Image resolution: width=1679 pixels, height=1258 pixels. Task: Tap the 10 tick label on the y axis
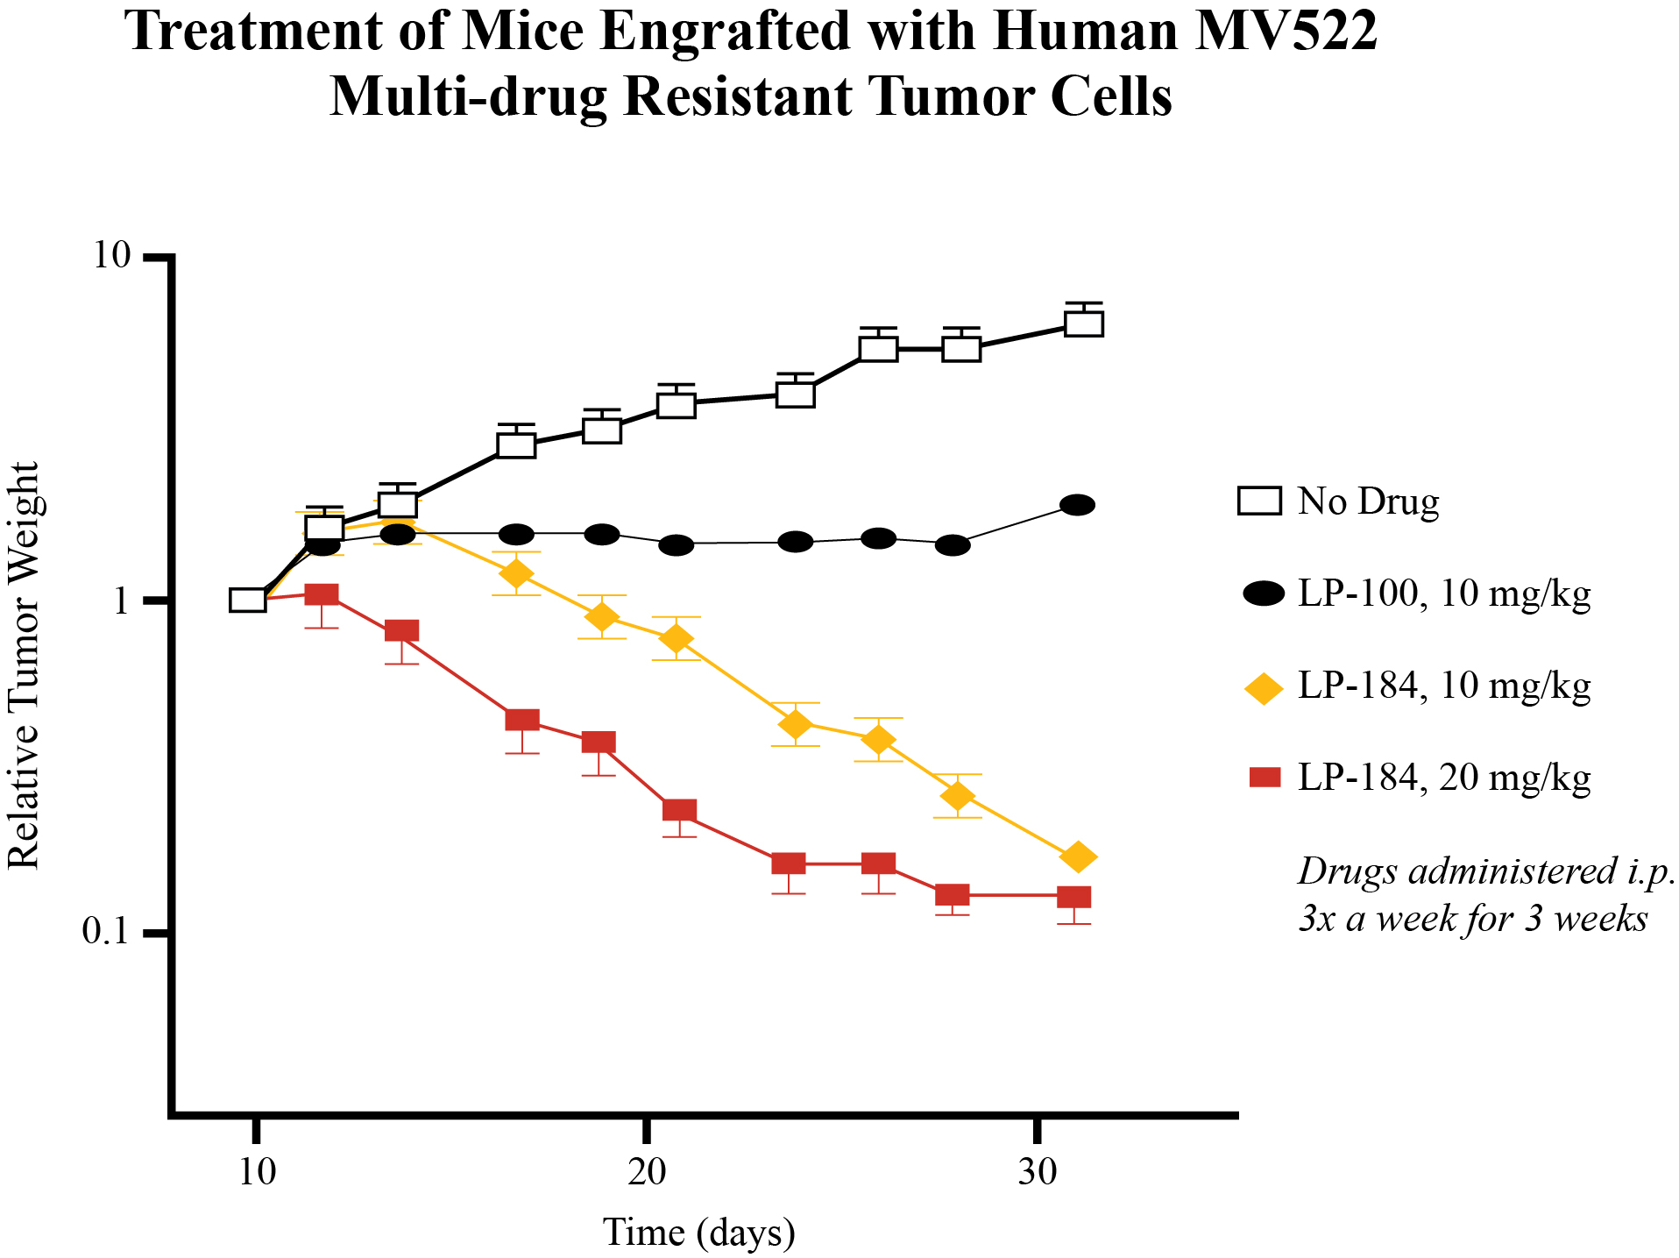click(111, 257)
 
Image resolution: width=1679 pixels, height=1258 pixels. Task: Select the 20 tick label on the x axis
click(647, 1172)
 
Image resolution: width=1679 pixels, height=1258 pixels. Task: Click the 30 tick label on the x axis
click(1038, 1172)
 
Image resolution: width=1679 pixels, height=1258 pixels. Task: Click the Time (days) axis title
click(698, 1233)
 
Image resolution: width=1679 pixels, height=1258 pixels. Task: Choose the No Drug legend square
click(1259, 501)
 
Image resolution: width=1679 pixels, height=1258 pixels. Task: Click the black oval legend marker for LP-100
click(1264, 593)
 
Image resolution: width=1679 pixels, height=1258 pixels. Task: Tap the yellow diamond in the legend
click(1264, 686)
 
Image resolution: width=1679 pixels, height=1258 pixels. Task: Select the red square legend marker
click(1265, 777)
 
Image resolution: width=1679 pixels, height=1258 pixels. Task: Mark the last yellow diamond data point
click(1078, 856)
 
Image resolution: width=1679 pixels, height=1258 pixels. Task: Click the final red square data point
click(1074, 897)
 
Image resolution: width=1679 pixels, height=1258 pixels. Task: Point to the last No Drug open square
click(1084, 323)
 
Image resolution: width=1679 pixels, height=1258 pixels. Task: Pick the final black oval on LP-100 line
click(1077, 505)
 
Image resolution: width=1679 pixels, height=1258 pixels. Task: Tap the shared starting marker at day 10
click(248, 601)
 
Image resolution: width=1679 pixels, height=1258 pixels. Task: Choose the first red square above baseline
click(322, 595)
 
